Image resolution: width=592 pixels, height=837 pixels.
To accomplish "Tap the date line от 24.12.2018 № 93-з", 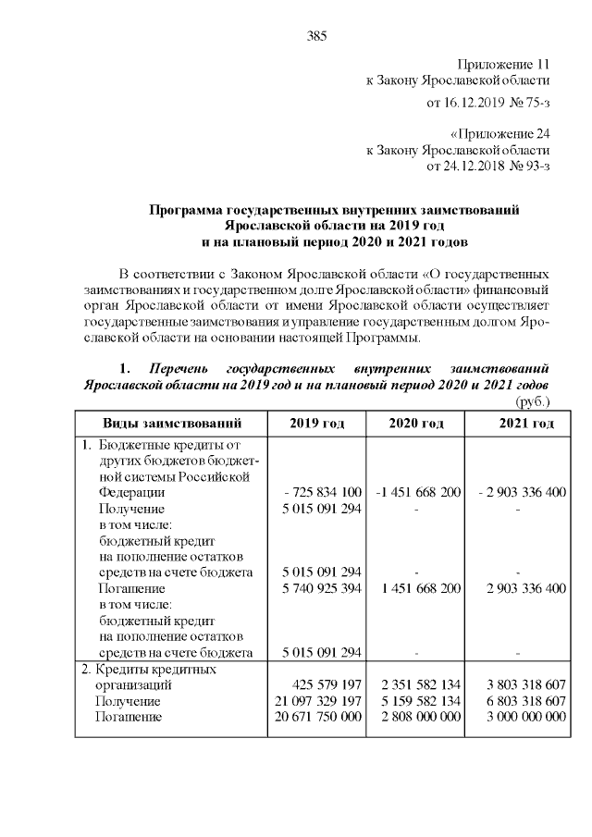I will point(488,166).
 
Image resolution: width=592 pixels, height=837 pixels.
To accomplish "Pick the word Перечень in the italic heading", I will point(180,367).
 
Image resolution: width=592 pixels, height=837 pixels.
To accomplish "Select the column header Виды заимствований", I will point(171,424).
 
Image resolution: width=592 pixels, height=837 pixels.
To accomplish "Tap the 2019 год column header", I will point(316,424).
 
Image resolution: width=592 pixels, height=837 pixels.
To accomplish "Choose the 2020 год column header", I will point(416,424).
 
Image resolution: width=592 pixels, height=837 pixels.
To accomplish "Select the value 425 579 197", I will point(323,685).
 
